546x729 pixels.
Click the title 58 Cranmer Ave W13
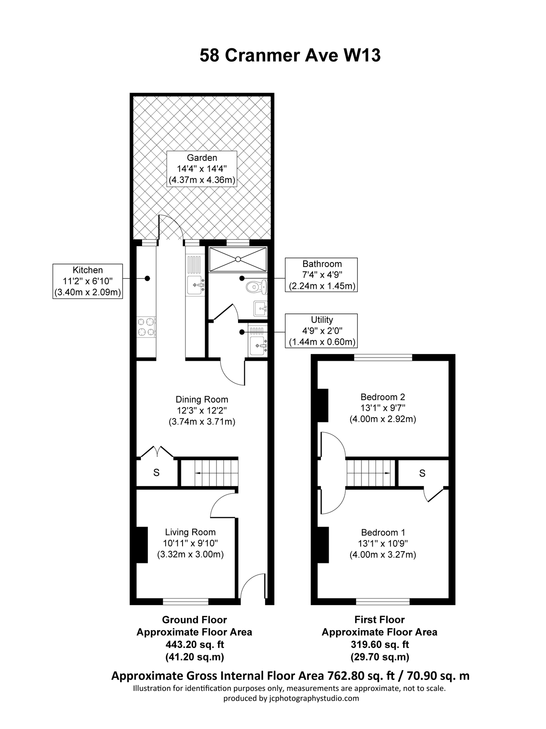tap(290, 55)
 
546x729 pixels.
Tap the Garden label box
tap(202, 169)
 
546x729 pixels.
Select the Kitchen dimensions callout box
tap(87, 281)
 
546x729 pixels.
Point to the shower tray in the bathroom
tap(238, 259)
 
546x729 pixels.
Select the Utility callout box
tap(322, 330)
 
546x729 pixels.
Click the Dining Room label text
tap(202, 399)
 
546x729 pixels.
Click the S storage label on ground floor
tap(156, 473)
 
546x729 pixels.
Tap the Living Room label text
tap(190, 532)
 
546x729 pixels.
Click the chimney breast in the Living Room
tap(142, 544)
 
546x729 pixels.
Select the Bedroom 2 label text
tap(382, 397)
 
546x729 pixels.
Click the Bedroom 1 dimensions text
tap(382, 549)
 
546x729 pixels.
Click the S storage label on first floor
tap(422, 473)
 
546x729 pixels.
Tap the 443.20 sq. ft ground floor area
tap(194, 644)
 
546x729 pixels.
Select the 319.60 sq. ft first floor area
tap(380, 644)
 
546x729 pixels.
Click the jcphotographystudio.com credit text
tap(291, 698)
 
